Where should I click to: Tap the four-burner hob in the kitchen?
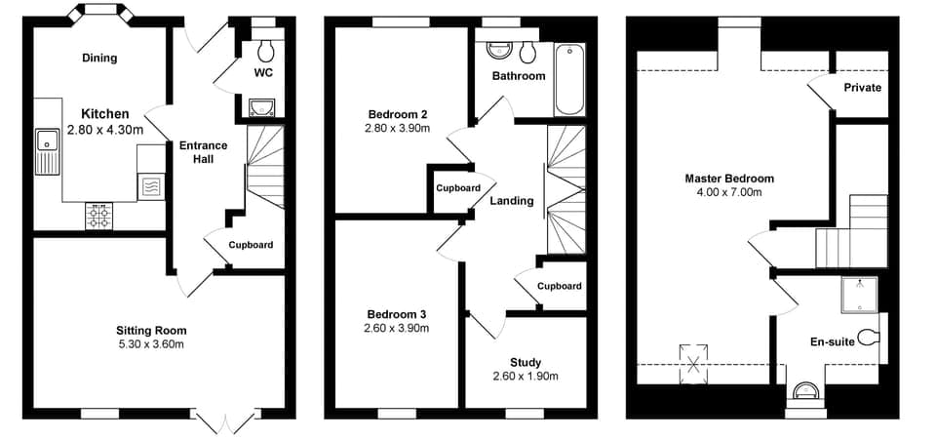[x=99, y=215]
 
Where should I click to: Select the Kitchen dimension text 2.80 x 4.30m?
[x=105, y=130]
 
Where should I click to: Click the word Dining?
[x=99, y=58]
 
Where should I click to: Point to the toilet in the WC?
[x=265, y=49]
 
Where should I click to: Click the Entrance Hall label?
[x=203, y=152]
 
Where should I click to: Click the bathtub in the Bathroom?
[x=566, y=78]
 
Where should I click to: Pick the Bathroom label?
[x=519, y=75]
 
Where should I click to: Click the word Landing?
[x=512, y=201]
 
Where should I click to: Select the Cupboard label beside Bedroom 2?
[x=457, y=188]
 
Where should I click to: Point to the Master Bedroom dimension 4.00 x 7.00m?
[x=729, y=192]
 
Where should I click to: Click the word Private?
[x=862, y=88]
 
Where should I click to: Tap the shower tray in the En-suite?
[x=859, y=295]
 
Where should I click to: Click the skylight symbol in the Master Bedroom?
[x=694, y=364]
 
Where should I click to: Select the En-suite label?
[x=833, y=342]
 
